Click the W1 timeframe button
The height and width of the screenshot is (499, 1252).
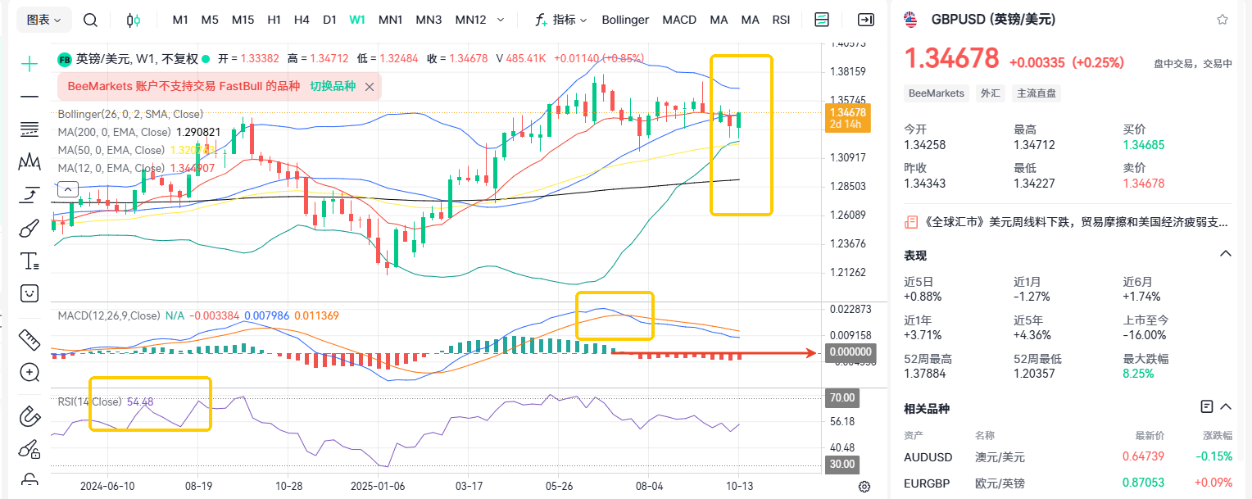[x=357, y=20]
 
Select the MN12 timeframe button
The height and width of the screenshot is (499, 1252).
[x=470, y=20]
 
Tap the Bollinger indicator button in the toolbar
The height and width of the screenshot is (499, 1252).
[x=625, y=20]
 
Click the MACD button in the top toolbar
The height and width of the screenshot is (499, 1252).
[x=679, y=20]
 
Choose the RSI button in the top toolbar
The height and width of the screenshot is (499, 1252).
[x=781, y=20]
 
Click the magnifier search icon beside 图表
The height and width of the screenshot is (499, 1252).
[x=91, y=20]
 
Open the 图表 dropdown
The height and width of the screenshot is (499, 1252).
[x=44, y=20]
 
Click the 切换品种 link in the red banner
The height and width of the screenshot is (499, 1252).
[x=333, y=86]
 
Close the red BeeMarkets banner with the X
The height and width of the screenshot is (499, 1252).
[x=370, y=86]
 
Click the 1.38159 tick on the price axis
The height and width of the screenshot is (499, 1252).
[x=848, y=71]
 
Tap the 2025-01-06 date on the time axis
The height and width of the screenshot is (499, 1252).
[x=379, y=485]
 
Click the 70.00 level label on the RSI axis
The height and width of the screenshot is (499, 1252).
[x=843, y=398]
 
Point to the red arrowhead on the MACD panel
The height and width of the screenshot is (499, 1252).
[x=810, y=353]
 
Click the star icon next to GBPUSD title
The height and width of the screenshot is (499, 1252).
[x=1222, y=20]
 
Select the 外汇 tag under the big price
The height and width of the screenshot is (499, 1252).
[x=990, y=93]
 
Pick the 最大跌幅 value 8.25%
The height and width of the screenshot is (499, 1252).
[x=1138, y=374]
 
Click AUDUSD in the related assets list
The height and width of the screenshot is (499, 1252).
[x=928, y=456]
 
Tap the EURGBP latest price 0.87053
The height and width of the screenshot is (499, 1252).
[x=1144, y=483]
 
